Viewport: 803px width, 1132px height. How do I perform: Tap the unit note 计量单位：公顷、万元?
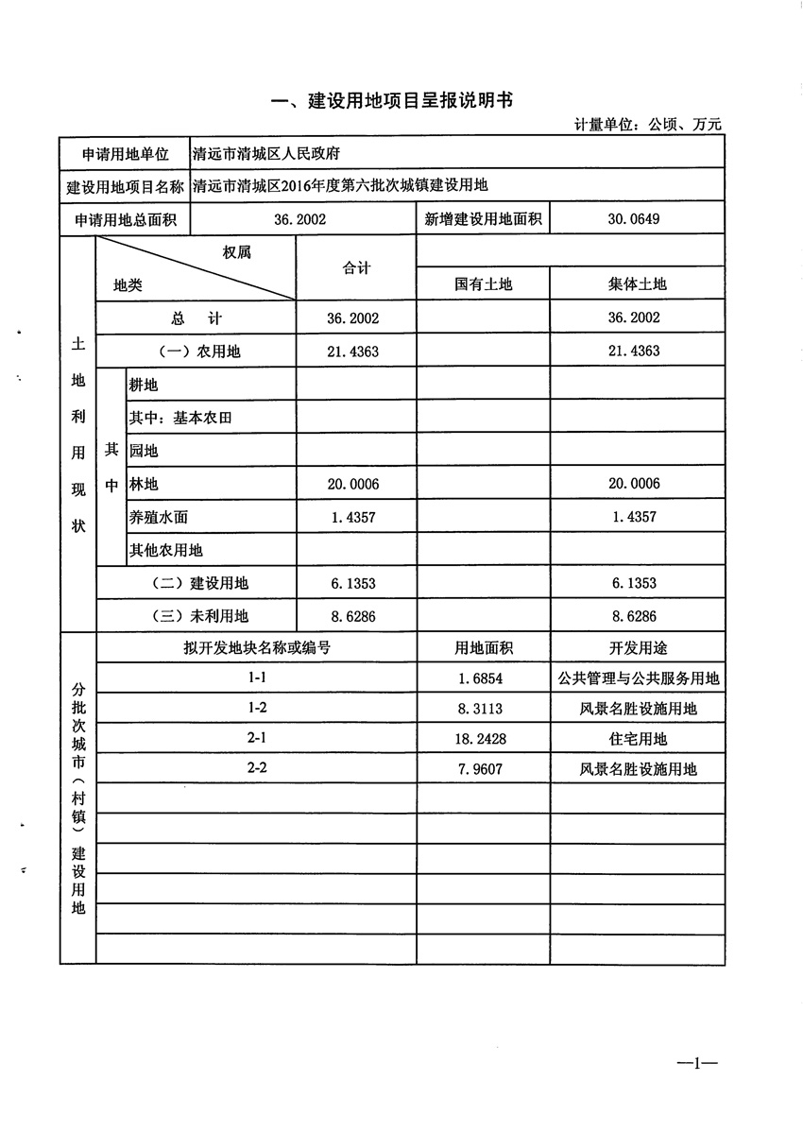pyautogui.click(x=648, y=125)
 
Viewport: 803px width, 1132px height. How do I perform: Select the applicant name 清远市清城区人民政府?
pyautogui.click(x=265, y=153)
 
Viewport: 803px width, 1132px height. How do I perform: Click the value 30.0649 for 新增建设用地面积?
pyautogui.click(x=636, y=220)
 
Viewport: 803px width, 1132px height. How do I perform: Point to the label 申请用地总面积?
pyautogui.click(x=124, y=220)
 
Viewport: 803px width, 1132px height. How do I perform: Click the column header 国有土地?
pyautogui.click(x=483, y=283)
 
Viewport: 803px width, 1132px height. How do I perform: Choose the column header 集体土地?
pyautogui.click(x=637, y=283)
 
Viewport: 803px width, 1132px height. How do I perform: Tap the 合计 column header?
pyautogui.click(x=356, y=268)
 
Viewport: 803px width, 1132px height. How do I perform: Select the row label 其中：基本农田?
pyautogui.click(x=179, y=418)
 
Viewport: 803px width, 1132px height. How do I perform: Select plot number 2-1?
pyautogui.click(x=257, y=738)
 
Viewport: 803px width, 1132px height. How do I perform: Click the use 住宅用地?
pyautogui.click(x=637, y=739)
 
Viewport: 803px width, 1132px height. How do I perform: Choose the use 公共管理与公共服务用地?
pyautogui.click(x=637, y=678)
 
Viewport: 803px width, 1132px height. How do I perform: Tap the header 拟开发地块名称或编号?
pyautogui.click(x=257, y=648)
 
